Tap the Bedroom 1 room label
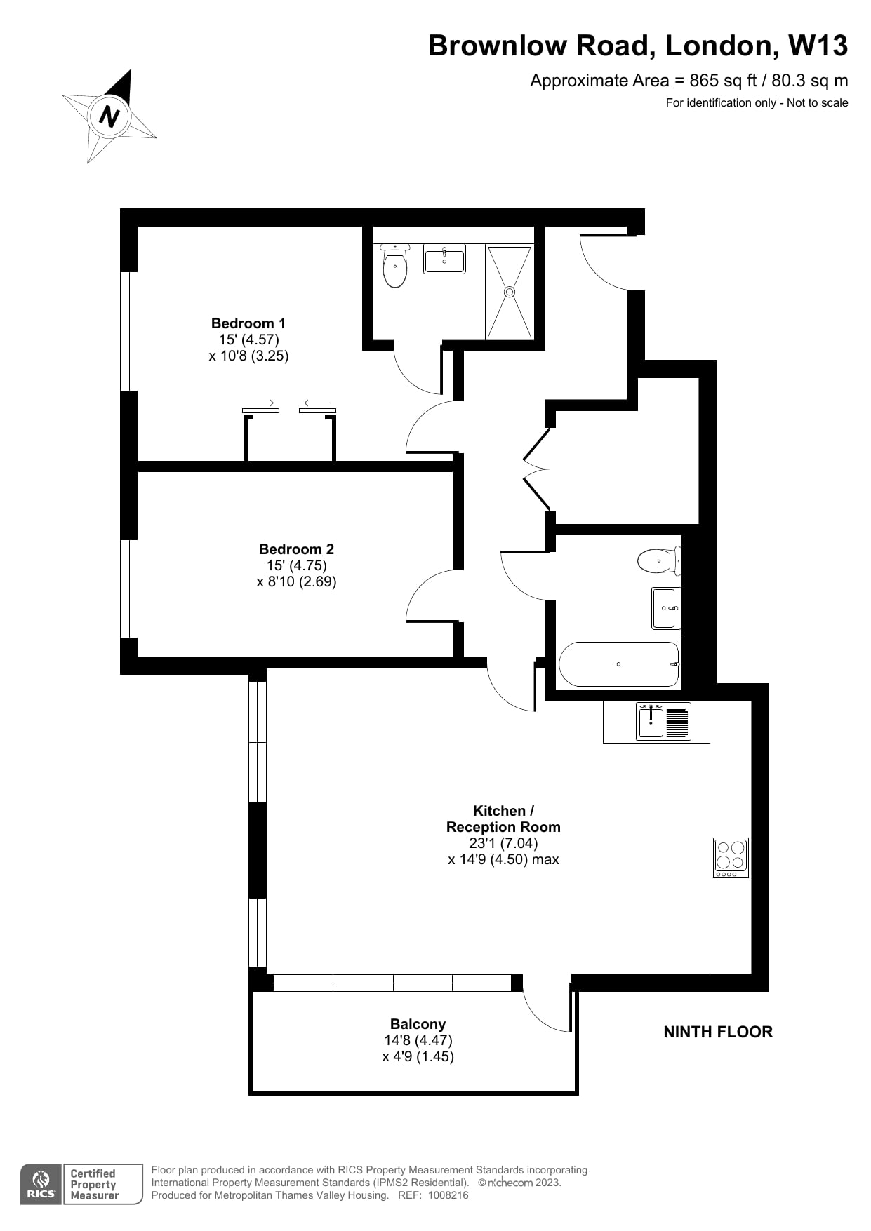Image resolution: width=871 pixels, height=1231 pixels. pos(248,323)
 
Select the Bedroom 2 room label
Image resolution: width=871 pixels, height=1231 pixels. pos(296,549)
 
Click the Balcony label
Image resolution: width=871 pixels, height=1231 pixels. pos(418,1024)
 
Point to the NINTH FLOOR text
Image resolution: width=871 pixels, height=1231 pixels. pos(718,1032)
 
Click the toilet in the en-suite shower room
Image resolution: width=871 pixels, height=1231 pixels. pos(395,267)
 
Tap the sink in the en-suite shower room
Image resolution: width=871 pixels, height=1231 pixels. pos(444,258)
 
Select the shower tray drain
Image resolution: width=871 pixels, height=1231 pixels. pos(510,292)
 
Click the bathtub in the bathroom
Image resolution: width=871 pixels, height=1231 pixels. pos(618,664)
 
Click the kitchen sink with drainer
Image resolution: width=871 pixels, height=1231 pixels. pos(664,722)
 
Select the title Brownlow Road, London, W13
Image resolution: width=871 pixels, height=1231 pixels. pos(638,46)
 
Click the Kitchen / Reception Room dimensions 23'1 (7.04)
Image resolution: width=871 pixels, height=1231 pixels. pos(503,843)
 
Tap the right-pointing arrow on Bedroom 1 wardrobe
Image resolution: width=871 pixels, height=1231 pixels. pos(261,403)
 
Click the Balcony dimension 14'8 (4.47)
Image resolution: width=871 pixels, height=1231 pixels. pos(418,1040)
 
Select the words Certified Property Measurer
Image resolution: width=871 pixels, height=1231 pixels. pos(94,1184)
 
